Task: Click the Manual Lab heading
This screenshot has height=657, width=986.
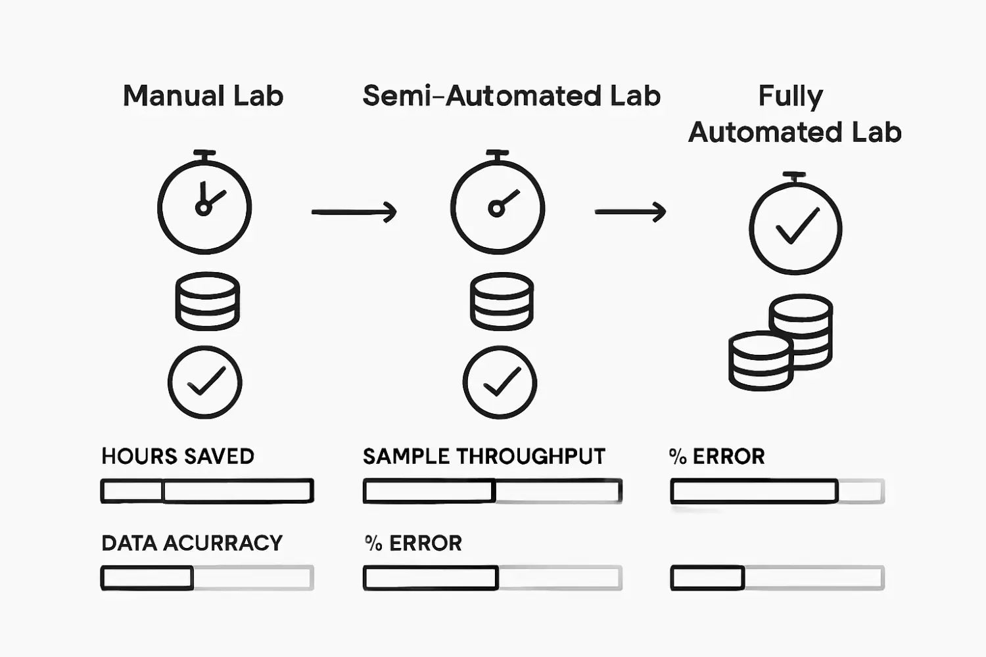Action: pyautogui.click(x=203, y=96)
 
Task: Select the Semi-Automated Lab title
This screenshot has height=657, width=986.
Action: pyautogui.click(x=511, y=96)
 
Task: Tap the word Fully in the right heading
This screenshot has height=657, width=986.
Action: pyautogui.click(x=790, y=96)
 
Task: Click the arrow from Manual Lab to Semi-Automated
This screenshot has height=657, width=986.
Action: pyautogui.click(x=354, y=212)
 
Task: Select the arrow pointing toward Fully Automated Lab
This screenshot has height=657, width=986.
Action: pyautogui.click(x=630, y=212)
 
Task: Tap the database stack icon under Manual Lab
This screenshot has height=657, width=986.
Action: pyautogui.click(x=207, y=302)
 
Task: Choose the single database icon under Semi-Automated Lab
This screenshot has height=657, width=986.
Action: pyautogui.click(x=502, y=302)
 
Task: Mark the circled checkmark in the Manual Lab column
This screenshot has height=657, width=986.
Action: pyautogui.click(x=205, y=382)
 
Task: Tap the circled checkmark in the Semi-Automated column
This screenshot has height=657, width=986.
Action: pyautogui.click(x=500, y=382)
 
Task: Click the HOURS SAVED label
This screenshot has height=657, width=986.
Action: pyautogui.click(x=177, y=456)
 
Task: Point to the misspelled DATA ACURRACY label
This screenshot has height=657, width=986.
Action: pyautogui.click(x=192, y=543)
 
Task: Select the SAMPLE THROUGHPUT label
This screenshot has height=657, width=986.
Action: pyautogui.click(x=484, y=456)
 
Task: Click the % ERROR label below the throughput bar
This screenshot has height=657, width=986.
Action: pyautogui.click(x=413, y=543)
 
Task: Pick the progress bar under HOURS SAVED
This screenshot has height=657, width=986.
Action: pyautogui.click(x=207, y=491)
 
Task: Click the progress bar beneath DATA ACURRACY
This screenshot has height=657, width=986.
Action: pyautogui.click(x=207, y=578)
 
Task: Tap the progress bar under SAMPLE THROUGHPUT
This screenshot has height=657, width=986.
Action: pyautogui.click(x=492, y=491)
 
